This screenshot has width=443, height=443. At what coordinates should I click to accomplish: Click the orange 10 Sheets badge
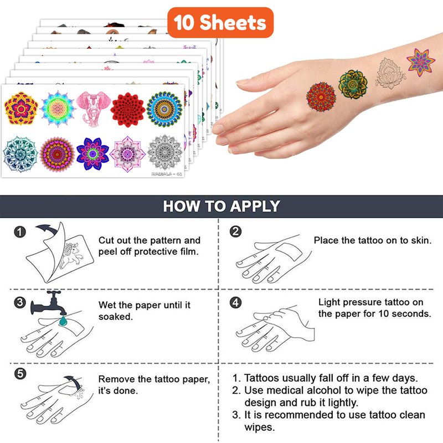coord(220,23)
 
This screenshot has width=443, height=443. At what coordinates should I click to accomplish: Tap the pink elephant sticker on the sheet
coord(93,109)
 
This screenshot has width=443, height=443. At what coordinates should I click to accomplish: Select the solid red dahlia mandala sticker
coord(128,110)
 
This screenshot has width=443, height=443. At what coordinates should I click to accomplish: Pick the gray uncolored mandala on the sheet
coord(164,153)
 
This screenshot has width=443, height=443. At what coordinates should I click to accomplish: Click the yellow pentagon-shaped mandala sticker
coord(21,108)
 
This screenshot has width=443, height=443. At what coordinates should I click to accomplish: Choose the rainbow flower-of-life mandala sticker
coord(58,109)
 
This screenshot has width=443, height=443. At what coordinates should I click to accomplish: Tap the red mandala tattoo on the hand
coord(321,96)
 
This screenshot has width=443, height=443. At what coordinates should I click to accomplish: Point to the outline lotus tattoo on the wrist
coord(389,74)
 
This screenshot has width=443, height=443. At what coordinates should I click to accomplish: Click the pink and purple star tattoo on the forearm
coord(420,63)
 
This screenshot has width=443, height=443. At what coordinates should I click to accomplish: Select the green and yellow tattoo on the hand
coord(353,84)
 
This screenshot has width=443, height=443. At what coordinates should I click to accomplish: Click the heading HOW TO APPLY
coord(221,206)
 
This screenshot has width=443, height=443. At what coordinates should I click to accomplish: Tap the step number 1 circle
coord(20,232)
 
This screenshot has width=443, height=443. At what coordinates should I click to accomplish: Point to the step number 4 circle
coord(236,302)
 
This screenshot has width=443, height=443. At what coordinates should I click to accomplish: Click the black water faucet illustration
coord(49,303)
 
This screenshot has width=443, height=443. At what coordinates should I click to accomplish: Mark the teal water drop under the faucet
coord(63,321)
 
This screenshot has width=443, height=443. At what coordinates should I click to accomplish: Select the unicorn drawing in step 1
coord(71,254)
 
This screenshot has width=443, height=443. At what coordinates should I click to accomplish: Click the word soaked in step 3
coord(116,316)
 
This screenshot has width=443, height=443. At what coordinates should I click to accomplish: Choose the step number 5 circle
coord(20,373)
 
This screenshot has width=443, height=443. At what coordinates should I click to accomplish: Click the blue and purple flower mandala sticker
coord(92,154)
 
